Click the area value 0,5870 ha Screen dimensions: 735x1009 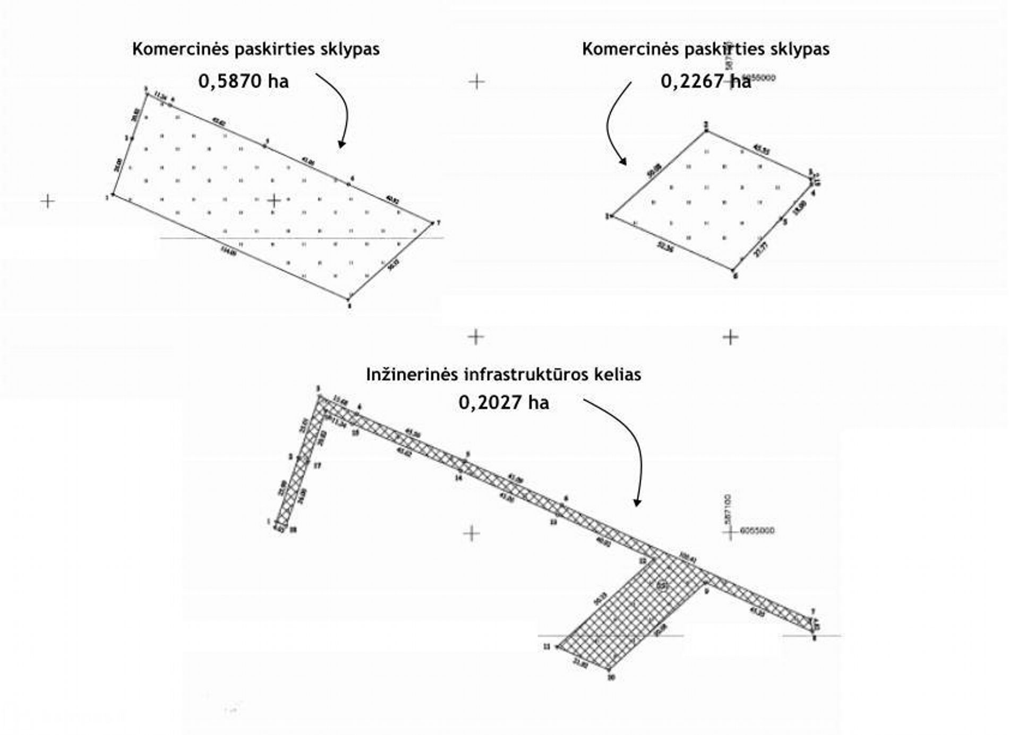coord(243,81)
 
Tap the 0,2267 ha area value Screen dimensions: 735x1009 coord(705,81)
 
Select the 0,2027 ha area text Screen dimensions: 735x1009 coord(503,402)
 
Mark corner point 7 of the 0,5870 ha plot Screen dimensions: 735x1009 coord(432,223)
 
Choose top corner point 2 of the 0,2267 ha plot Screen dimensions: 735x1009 coord(706,131)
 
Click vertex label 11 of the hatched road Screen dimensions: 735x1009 coord(546,646)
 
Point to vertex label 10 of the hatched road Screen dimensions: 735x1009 coord(611,677)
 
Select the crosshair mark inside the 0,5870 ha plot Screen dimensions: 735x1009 coord(273,201)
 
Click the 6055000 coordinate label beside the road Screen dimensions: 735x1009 coord(757,530)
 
